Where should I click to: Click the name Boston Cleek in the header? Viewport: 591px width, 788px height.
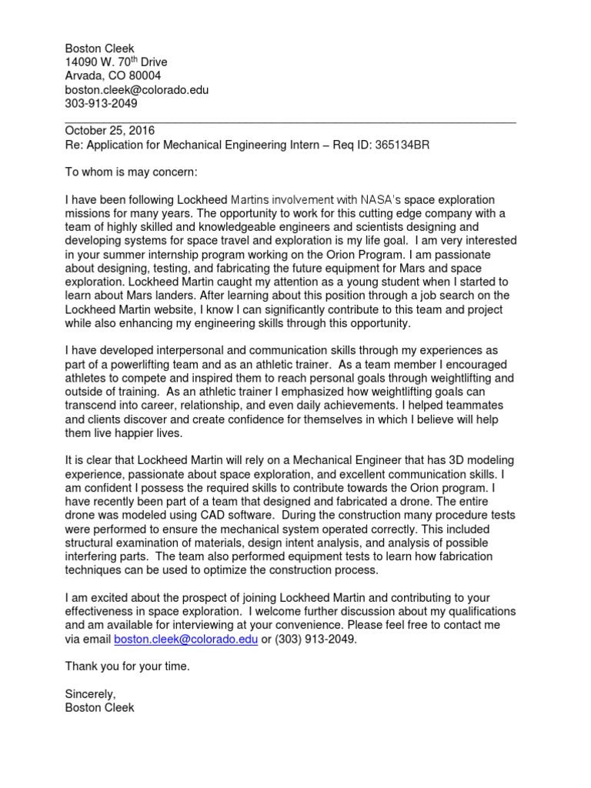100,48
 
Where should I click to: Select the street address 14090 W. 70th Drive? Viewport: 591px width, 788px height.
116,62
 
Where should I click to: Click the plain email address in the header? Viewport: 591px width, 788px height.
137,89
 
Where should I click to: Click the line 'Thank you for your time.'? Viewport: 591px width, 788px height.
127,666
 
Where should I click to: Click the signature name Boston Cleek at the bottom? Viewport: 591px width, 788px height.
100,708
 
